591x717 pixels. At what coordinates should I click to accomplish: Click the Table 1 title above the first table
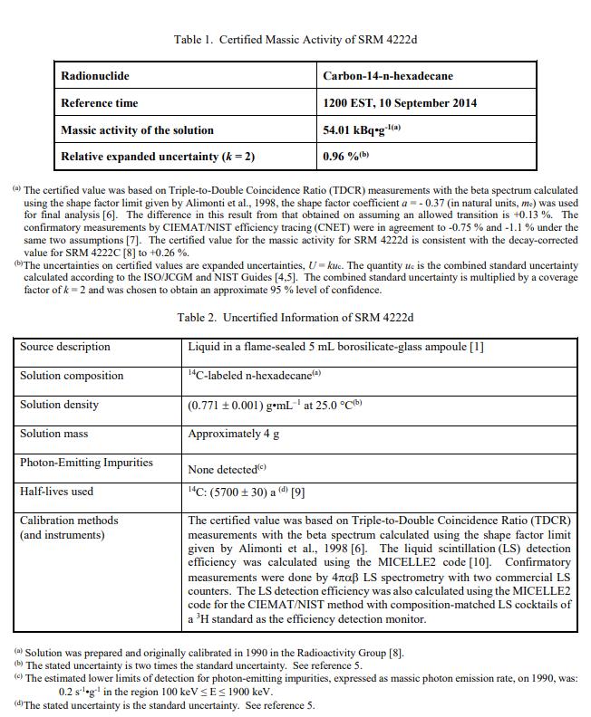(295, 40)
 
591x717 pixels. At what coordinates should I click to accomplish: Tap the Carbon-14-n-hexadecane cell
(388, 76)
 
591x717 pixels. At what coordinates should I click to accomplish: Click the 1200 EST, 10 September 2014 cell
(400, 103)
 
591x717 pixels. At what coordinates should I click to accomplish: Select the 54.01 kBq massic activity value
(362, 130)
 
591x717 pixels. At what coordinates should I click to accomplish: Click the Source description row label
(65, 347)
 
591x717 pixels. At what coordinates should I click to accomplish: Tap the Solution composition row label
(72, 376)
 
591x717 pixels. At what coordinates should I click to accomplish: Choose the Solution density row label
(60, 405)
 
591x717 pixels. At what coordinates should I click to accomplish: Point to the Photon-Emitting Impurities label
(87, 463)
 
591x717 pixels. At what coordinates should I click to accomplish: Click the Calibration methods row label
(69, 521)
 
